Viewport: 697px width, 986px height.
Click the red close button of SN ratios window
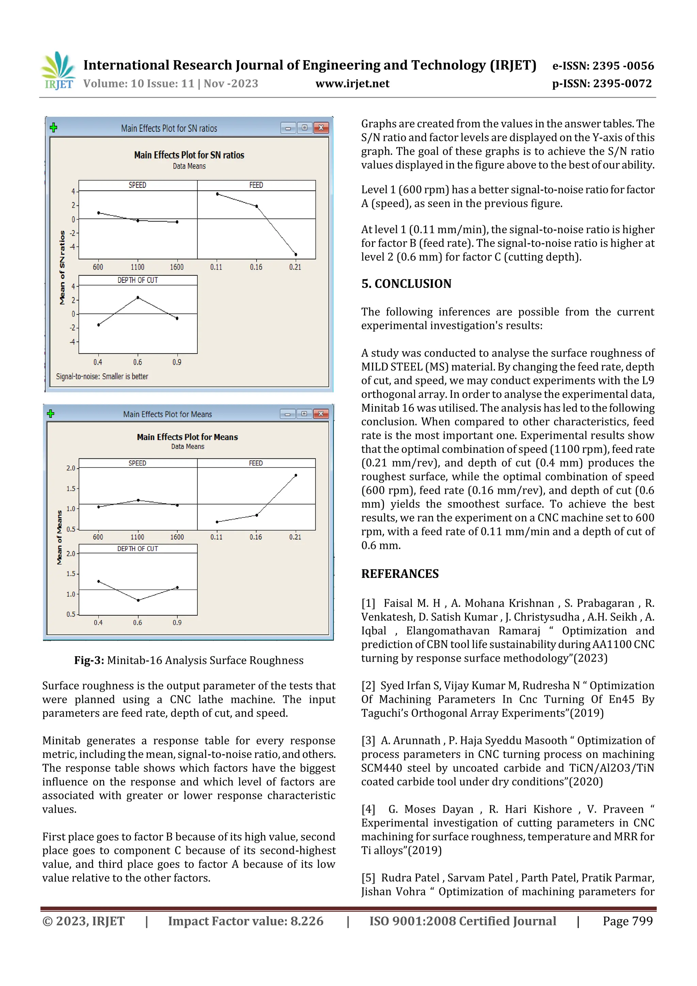pos(321,128)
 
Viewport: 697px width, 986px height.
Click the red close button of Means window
pos(321,414)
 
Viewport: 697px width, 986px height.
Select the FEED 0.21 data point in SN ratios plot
pos(296,255)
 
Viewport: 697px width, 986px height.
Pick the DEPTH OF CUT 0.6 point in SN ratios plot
pos(138,297)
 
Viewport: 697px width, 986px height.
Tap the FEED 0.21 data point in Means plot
pos(296,475)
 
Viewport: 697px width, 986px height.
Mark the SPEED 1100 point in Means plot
pos(138,500)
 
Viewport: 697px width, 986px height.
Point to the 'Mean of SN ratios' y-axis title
pos(62,268)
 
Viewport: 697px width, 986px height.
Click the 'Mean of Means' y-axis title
pos(59,537)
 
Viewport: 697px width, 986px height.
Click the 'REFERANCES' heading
pos(400,574)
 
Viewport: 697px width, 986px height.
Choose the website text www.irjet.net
pos(352,84)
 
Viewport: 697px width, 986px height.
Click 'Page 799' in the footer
pos(628,921)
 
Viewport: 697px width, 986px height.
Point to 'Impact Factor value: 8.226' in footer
pos(246,921)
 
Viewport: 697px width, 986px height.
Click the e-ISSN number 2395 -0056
pos(623,66)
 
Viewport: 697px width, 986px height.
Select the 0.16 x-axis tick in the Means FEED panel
pos(256,537)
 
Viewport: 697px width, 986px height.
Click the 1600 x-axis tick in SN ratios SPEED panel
pos(177,267)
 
